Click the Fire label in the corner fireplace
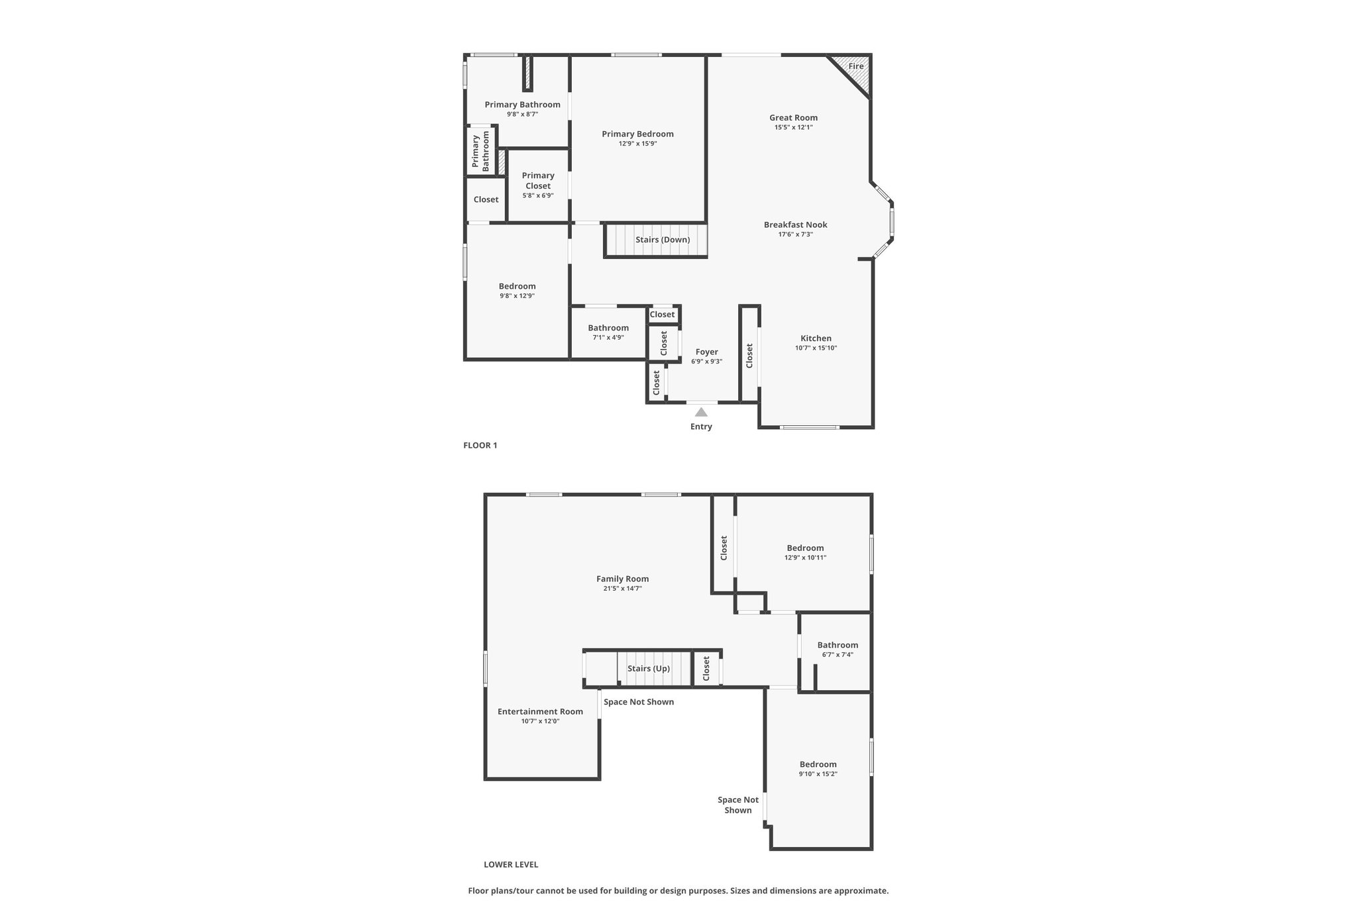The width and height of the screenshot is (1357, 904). point(856,66)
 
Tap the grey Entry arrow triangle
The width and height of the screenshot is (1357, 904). point(701,412)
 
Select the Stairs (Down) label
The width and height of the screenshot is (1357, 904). point(663,240)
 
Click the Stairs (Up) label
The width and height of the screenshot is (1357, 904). point(649,669)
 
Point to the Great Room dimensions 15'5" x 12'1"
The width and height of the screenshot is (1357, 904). point(793,127)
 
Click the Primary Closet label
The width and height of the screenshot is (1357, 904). point(538,181)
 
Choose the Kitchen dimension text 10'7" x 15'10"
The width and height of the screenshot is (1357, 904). point(816,348)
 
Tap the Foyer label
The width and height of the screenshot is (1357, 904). point(706,352)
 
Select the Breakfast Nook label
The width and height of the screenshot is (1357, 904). point(795,225)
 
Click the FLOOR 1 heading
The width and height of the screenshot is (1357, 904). point(480,446)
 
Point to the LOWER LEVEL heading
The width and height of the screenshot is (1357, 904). point(511,865)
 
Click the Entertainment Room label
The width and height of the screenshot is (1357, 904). point(540,712)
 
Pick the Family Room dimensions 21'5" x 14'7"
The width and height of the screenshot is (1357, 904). point(622,588)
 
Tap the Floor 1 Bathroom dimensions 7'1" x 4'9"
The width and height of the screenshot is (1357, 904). point(608,337)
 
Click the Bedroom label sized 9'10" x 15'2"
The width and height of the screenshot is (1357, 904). point(818,764)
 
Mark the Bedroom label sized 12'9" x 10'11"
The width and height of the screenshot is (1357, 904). point(805,548)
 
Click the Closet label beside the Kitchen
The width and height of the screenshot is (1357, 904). point(749,356)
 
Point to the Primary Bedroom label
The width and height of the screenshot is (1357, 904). point(637,134)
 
